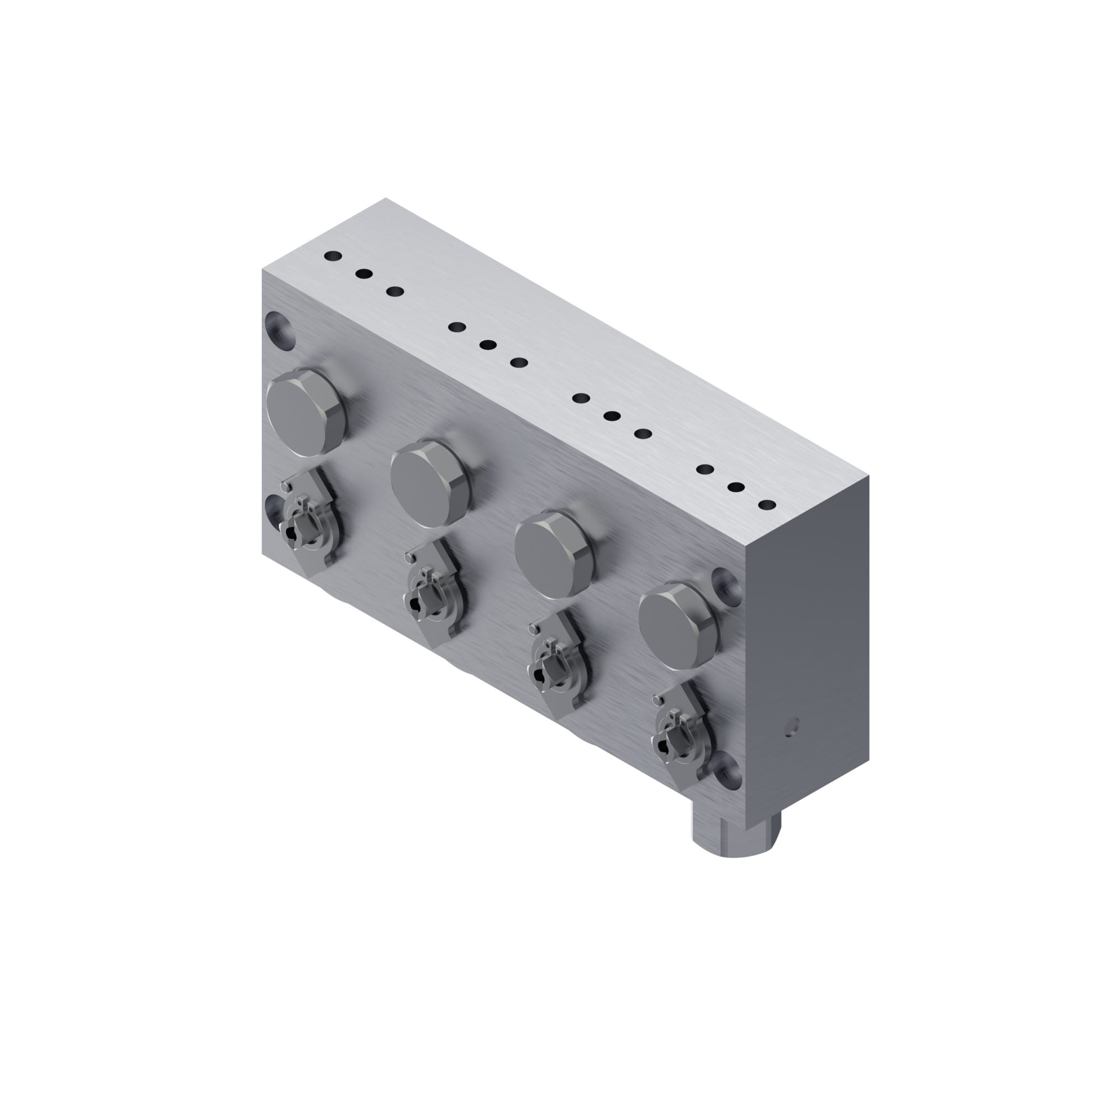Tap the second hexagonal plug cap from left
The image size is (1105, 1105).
[430, 483]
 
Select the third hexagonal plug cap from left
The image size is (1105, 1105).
[554, 555]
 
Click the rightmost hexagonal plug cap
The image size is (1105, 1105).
[678, 626]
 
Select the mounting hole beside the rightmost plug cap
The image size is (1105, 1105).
[727, 587]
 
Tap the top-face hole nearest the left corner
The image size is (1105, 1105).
[332, 256]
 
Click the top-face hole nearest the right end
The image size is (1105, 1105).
[767, 505]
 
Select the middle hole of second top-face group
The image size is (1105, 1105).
[488, 345]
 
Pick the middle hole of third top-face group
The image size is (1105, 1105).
[612, 416]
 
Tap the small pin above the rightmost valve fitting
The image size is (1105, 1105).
[657, 700]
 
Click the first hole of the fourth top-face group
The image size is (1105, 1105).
[705, 470]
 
